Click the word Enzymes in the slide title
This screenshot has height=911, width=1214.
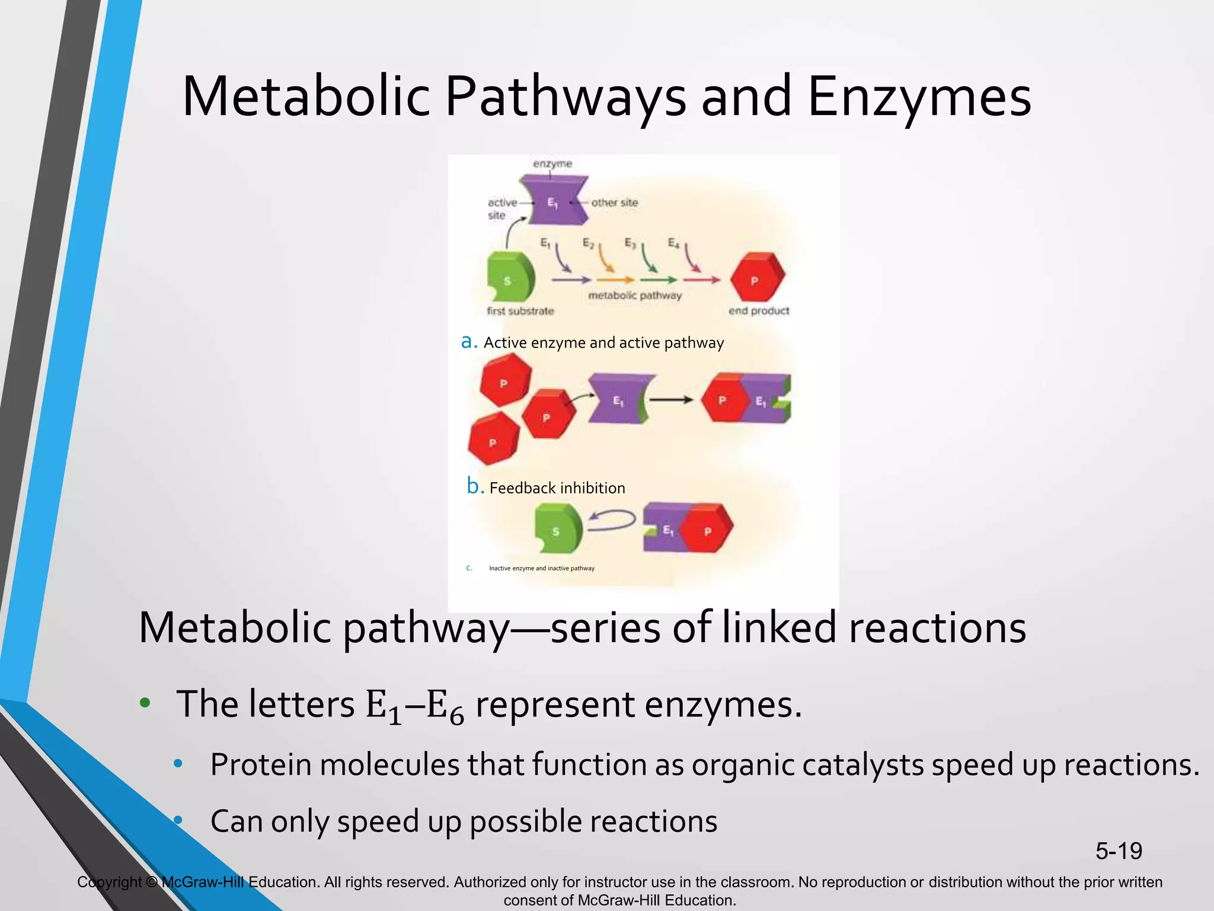[x=919, y=97]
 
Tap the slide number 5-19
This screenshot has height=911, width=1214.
[x=1119, y=851]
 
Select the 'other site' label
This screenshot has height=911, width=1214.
[x=614, y=202]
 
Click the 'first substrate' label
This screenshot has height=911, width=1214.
[x=520, y=311]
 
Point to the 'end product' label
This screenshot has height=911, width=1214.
[x=759, y=311]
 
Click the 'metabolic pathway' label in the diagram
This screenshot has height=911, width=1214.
[x=634, y=295]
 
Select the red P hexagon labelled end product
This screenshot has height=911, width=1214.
[x=756, y=278]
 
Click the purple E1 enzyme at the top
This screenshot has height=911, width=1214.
[x=554, y=200]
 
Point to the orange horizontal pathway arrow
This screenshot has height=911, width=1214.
[x=615, y=280]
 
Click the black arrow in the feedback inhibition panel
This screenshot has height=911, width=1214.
[x=671, y=400]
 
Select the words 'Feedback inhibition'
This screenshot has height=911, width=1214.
[x=557, y=488]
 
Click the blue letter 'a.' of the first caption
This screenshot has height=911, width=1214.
[x=469, y=342]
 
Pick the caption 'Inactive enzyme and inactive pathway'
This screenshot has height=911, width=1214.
[x=541, y=568]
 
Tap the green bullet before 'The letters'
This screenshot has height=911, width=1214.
[x=145, y=704]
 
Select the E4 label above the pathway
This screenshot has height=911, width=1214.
[x=673, y=243]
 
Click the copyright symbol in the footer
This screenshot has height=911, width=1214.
[x=152, y=883]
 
